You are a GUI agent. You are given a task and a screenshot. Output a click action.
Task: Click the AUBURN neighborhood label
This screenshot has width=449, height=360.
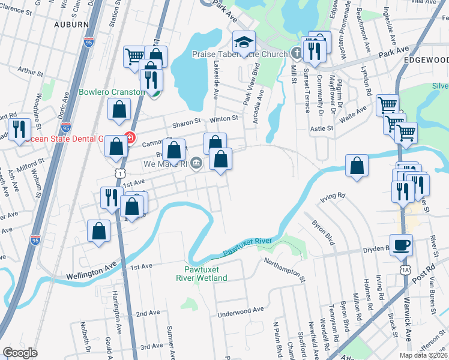pyautogui.click(x=71, y=25)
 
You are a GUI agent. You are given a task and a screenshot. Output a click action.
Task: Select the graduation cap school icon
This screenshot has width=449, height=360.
pyautogui.click(x=244, y=43)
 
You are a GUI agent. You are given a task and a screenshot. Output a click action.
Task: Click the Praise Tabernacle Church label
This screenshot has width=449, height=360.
pyautogui.click(x=240, y=54)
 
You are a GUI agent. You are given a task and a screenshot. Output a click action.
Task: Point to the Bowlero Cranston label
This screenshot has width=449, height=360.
pyautogui.click(x=112, y=92)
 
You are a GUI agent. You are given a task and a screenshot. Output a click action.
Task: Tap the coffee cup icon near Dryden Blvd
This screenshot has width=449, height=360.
pyautogui.click(x=402, y=244)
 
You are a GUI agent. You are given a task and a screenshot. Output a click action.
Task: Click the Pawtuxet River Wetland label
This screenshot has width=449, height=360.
pyautogui.click(x=202, y=274)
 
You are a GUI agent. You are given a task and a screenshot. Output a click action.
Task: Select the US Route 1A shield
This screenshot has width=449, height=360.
pyautogui.click(x=406, y=271)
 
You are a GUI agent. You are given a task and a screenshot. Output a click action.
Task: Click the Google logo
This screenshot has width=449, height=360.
pyautogui.click(x=20, y=353)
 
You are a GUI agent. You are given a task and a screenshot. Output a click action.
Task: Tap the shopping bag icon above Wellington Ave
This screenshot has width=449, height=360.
pyautogui.click(x=98, y=231)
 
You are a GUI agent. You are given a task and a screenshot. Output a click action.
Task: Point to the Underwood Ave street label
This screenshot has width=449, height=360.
pyautogui.click(x=241, y=310)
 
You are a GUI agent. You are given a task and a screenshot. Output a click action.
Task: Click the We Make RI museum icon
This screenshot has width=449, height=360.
pyautogui.click(x=196, y=169)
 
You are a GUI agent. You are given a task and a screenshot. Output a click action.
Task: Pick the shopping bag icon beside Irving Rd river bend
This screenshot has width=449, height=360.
pyautogui.click(x=357, y=166)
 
